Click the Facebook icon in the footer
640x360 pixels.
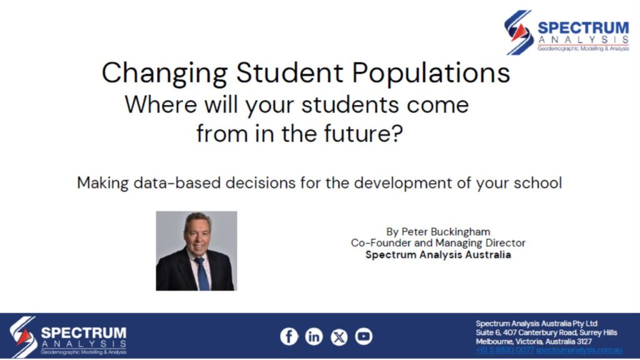coord(289,336)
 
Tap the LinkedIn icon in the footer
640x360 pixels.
coord(314,336)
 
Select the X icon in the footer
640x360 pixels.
coord(339,337)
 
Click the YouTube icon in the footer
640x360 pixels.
coord(364,336)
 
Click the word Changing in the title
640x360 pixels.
coord(164,74)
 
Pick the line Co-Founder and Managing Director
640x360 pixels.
coord(438,242)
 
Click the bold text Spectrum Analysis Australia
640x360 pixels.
coord(438,254)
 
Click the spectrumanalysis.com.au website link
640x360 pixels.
coord(579,350)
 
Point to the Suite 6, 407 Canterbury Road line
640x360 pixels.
coord(546,332)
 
